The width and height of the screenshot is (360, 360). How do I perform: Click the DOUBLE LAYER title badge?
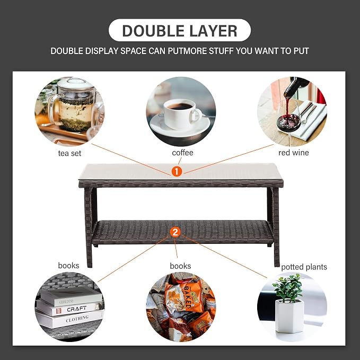pos(180,30)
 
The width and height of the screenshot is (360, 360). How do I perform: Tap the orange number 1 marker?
pos(177,171)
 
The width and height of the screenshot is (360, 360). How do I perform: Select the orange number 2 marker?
pos(175,232)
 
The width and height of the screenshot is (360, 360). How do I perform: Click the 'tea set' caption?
pos(69,153)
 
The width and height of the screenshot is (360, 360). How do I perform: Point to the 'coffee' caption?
pos(182,153)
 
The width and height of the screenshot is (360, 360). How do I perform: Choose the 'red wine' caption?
pos(293,153)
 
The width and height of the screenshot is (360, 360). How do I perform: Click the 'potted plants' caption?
pos(304,267)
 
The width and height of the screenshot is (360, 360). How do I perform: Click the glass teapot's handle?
pos(53,108)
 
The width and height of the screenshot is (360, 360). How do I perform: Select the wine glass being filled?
pos(289,122)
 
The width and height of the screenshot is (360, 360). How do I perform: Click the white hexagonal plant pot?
pos(289,315)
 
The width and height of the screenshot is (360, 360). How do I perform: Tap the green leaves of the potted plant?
pos(288,287)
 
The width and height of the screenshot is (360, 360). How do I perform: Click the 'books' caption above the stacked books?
pos(68,266)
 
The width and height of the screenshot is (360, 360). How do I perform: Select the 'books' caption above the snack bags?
pos(180,266)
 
